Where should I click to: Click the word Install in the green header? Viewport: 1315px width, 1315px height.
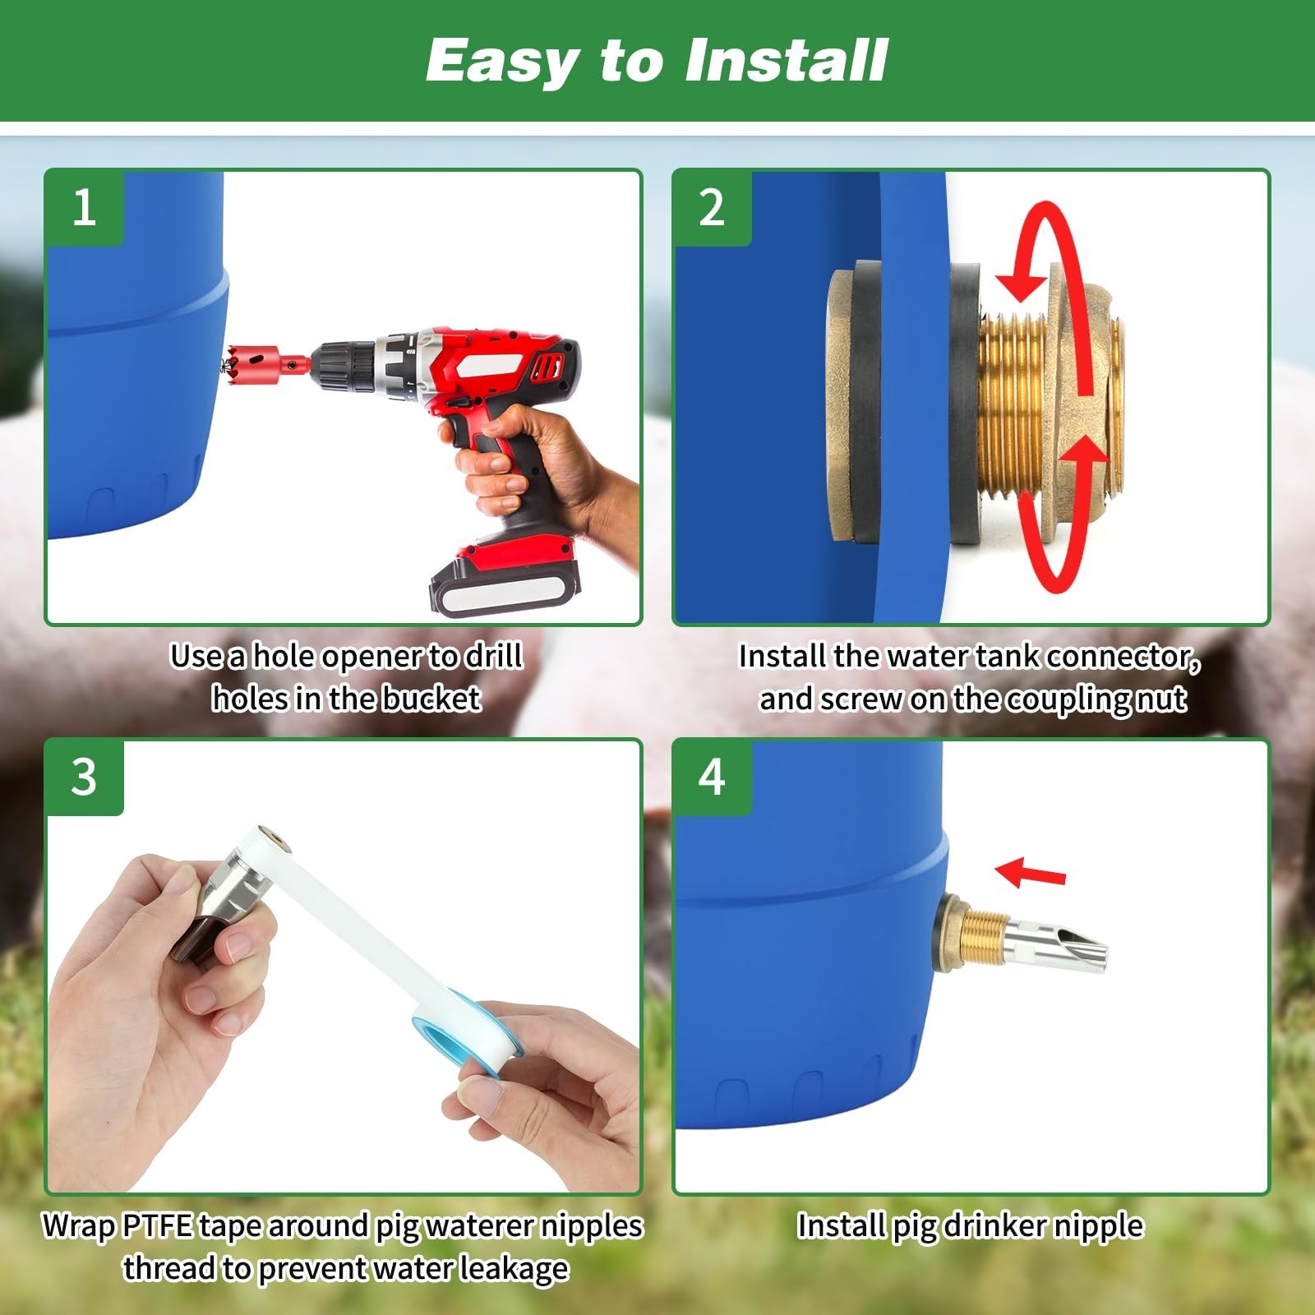(787, 61)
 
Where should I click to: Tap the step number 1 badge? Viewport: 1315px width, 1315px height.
(85, 207)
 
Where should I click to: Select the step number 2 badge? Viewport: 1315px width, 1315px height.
(712, 207)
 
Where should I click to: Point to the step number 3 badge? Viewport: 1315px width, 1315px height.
(85, 777)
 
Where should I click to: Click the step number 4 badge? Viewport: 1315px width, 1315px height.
(712, 777)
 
